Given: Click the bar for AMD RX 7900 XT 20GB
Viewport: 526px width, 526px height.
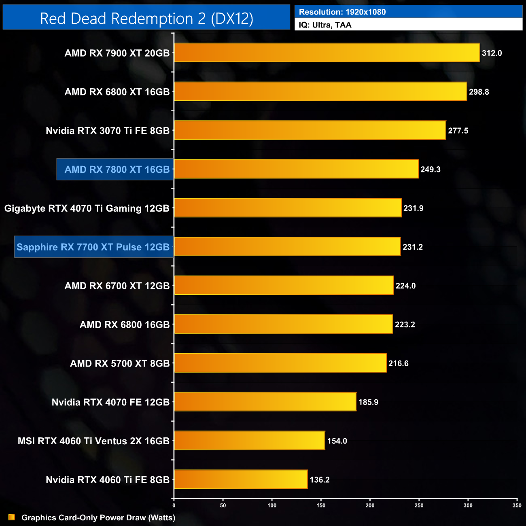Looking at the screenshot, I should [327, 53].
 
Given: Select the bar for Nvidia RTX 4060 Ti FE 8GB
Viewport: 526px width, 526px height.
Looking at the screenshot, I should [241, 479].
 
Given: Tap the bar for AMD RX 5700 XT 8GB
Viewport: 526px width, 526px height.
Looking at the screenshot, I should [280, 363].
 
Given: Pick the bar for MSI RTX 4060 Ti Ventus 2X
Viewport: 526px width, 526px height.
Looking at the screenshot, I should [249, 441].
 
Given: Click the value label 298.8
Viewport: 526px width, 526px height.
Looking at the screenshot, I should [479, 92].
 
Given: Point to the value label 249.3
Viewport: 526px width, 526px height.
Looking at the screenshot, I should [430, 170].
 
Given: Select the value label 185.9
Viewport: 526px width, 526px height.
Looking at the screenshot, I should [368, 402].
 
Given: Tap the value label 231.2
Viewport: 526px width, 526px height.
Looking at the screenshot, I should [412, 247].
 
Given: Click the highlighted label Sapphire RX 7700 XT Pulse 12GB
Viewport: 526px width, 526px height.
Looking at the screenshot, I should [93, 247].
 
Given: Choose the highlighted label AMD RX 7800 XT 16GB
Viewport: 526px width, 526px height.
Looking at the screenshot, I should [117, 170].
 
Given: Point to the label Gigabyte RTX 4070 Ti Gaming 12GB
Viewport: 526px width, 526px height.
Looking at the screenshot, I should [87, 208].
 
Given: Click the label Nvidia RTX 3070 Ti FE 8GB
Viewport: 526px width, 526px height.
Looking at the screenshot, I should [107, 131].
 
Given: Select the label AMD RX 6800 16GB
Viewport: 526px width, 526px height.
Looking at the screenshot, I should [124, 325].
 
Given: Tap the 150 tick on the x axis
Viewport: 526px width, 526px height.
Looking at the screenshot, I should [321, 505].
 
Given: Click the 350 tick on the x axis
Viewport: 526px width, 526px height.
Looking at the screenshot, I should [517, 505].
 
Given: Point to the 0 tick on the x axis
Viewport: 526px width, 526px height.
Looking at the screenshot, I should [174, 505].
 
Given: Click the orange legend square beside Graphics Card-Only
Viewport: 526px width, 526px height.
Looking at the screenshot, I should [12, 517].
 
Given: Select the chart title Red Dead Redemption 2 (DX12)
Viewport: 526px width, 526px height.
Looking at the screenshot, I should [146, 19].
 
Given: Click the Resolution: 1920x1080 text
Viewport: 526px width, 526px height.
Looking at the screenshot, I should [342, 12].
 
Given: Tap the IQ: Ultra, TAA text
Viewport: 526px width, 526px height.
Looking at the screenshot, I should [325, 25].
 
